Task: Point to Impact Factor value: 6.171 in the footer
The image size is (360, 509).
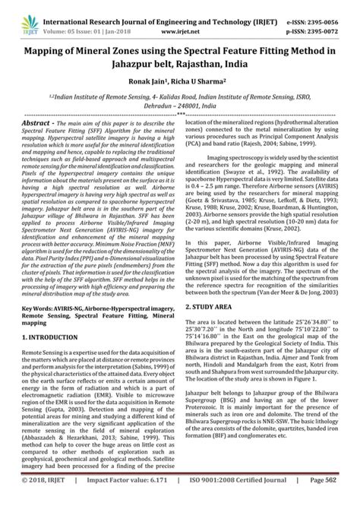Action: click(115, 501)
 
